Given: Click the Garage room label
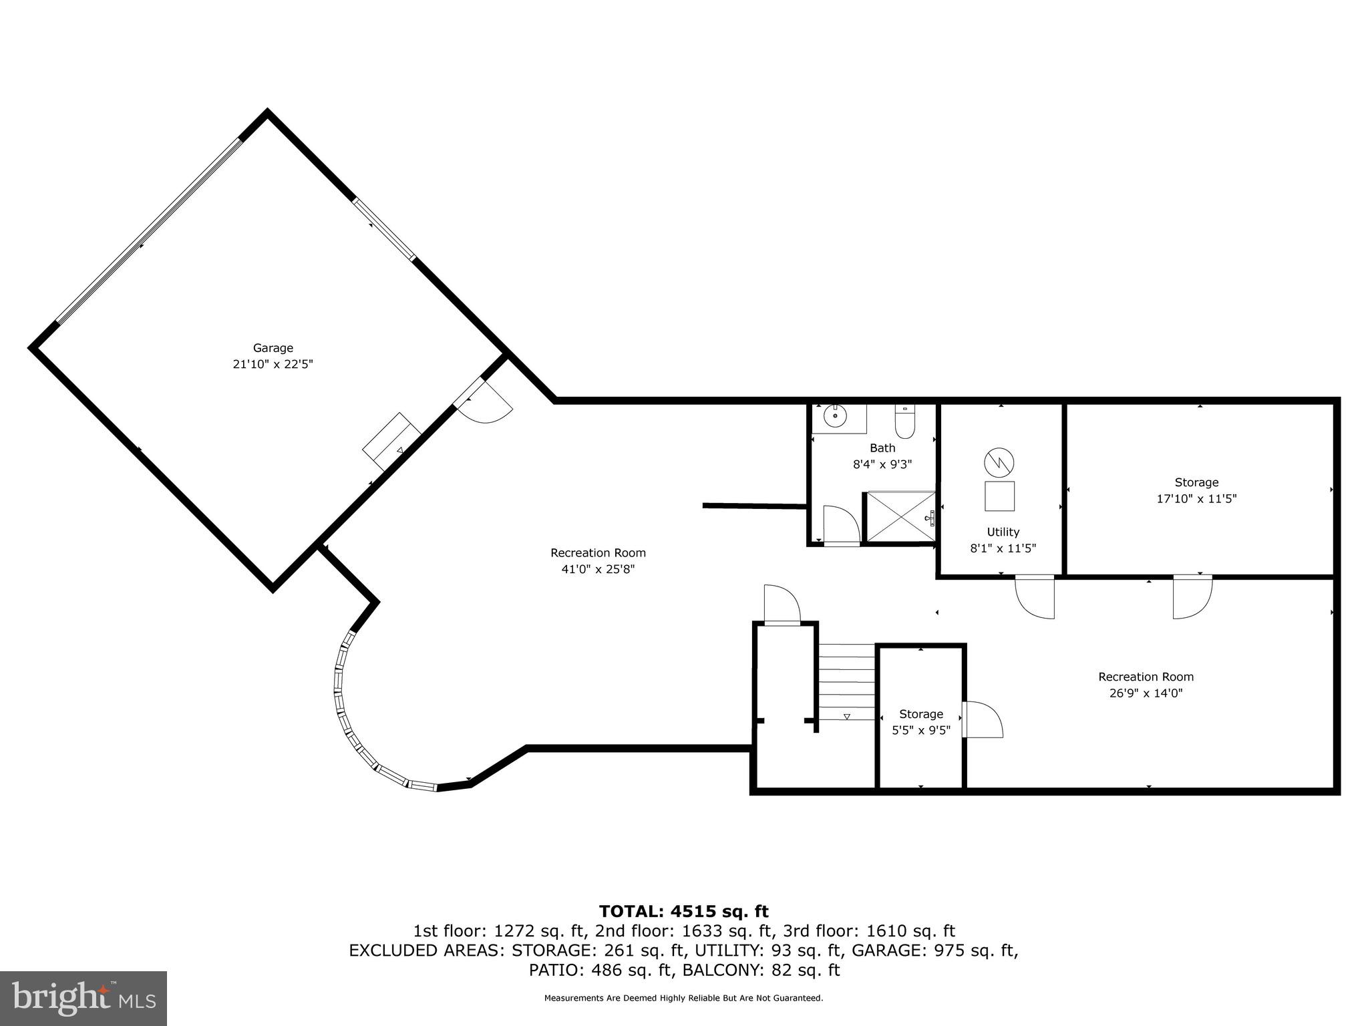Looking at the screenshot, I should pos(273,348).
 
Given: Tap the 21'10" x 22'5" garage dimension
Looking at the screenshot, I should pos(273,365).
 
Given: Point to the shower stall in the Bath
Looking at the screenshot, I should pos(900,516).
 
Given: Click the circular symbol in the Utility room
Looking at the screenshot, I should pos(999,462).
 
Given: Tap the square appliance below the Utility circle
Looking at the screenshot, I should pos(999,496).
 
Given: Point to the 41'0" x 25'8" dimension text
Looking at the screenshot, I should pos(598,569).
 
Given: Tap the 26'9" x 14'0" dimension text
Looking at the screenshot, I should pos(1146,693).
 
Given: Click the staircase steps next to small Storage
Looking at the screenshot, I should pos(847,681).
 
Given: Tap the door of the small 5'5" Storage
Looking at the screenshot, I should pos(983,719).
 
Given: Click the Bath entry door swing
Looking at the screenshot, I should pos(841,526).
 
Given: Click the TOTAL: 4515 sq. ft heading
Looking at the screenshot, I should pos(683,911).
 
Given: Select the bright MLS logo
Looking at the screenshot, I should pos(83,998).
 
